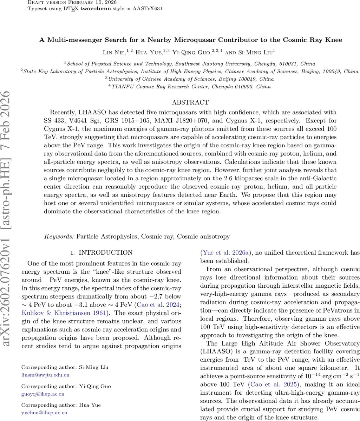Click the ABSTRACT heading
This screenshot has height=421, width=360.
[x=190, y=102]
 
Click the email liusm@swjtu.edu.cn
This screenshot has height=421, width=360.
[x=45, y=375]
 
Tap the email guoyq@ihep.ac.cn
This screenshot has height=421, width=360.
[x=44, y=394]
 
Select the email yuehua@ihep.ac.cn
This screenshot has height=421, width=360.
[x=44, y=413]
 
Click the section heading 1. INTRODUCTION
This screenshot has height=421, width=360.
[x=102, y=253]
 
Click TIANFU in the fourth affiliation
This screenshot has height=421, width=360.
[x=123, y=86]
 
